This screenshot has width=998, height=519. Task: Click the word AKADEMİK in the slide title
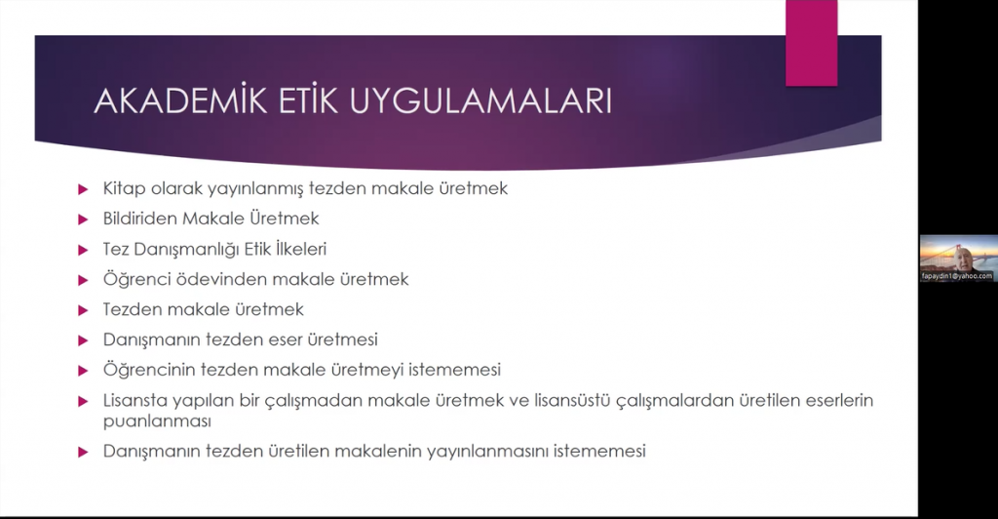[180, 100]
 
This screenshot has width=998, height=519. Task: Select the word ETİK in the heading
[308, 100]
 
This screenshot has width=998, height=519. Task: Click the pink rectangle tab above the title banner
[812, 43]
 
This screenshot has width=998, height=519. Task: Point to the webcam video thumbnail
[959, 259]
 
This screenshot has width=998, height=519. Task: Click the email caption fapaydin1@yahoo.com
[957, 276]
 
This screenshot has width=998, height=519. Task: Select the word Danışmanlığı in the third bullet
[177, 249]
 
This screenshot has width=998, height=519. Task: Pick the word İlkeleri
[301, 249]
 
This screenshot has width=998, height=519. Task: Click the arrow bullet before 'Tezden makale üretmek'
[83, 310]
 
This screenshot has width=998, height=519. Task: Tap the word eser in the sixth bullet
[286, 340]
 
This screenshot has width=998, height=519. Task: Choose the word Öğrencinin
[149, 370]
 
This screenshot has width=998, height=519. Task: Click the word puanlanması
[157, 421]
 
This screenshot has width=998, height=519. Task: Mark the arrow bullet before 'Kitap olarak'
[83, 189]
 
